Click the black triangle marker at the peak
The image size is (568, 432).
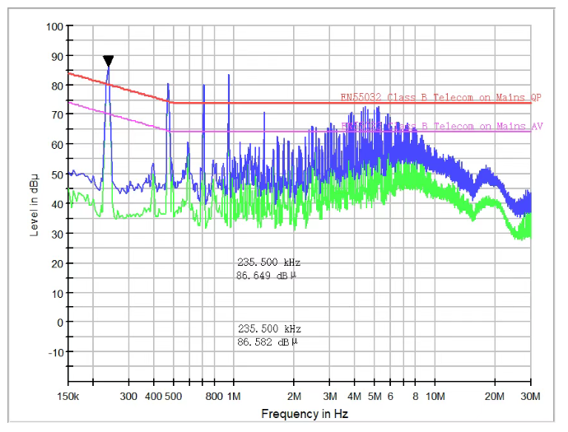pos(108,61)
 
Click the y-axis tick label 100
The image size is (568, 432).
pos(54,26)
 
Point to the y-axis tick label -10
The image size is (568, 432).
pos(54,352)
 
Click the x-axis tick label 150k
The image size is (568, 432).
pos(68,396)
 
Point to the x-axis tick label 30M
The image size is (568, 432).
pos(530,396)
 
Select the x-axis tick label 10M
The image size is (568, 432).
pos(435,396)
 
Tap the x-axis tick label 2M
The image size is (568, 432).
pos(294,396)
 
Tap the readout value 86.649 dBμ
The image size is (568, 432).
pos(265,276)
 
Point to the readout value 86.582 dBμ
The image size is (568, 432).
pos(265,341)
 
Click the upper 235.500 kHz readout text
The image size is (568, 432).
pos(263,263)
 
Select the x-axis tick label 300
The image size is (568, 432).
pos(129,396)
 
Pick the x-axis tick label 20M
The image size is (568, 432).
pos(494,396)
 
